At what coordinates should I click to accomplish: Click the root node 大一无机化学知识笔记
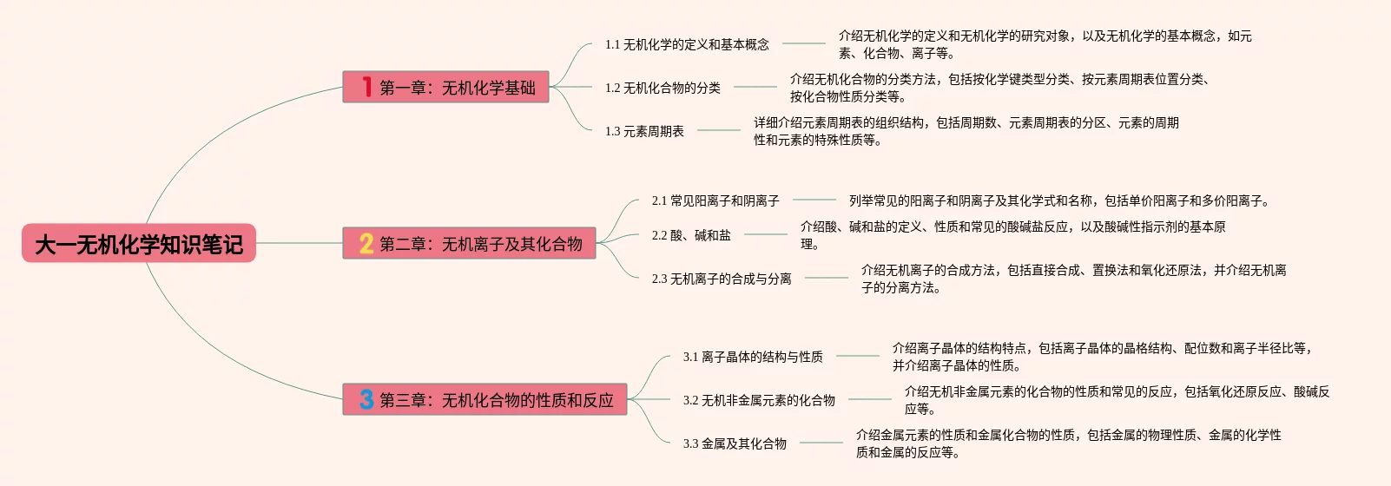tap(139, 244)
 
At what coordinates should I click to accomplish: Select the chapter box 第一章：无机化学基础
tap(445, 87)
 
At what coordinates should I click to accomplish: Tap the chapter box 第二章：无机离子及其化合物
tap(469, 243)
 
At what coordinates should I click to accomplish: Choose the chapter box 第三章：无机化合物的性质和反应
tap(485, 399)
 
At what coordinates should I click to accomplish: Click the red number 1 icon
tap(367, 87)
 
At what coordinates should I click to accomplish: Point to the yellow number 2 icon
tap(366, 243)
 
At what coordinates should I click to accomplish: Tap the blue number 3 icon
tap(366, 399)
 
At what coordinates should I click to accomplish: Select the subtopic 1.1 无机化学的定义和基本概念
tap(687, 44)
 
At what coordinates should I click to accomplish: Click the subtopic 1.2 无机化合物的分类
tap(663, 88)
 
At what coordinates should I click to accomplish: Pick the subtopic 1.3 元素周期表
tap(644, 131)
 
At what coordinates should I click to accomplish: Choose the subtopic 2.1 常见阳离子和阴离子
tap(715, 200)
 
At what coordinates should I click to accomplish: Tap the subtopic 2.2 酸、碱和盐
tap(691, 235)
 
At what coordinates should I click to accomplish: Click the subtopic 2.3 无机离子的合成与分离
tap(722, 279)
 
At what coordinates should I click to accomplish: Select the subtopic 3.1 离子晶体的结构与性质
tap(753, 357)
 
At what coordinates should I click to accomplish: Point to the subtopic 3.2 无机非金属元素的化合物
tap(759, 400)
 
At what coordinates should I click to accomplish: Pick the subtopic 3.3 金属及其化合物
tap(735, 443)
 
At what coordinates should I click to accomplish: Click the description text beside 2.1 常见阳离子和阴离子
tap(1059, 200)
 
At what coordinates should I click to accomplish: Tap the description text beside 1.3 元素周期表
tap(966, 131)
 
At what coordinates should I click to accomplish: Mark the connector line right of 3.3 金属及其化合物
tap(821, 443)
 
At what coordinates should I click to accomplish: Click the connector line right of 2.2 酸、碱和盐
tap(765, 234)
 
